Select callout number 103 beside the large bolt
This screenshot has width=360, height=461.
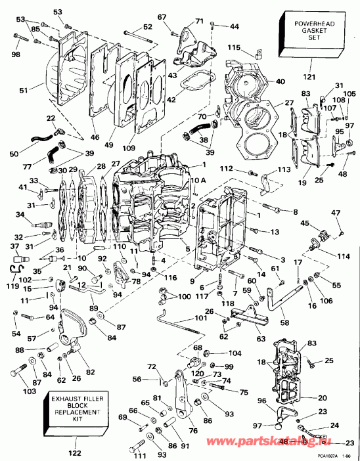12,392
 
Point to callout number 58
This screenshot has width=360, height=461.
284,323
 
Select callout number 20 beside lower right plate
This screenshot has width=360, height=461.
321,398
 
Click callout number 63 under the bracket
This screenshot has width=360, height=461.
261,339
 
